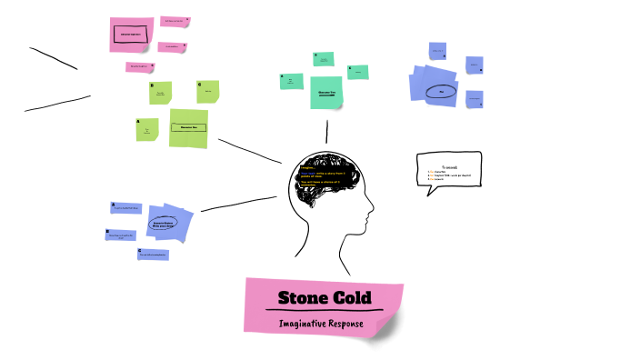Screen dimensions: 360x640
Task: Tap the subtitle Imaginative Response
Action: pyautogui.click(x=322, y=323)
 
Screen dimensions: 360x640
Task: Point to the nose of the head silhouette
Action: pyautogui.click(x=371, y=212)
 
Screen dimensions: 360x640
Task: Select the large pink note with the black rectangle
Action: pyautogui.click(x=130, y=34)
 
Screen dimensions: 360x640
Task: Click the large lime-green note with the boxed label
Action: pyautogui.click(x=189, y=128)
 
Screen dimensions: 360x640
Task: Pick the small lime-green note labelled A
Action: pyautogui.click(x=147, y=130)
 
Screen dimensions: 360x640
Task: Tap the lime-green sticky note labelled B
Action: pyautogui.click(x=161, y=93)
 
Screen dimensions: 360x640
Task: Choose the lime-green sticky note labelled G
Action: pyautogui.click(x=207, y=90)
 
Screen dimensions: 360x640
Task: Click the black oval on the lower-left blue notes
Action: pyautogui.click(x=160, y=223)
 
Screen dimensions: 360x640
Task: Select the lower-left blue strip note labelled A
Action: pyautogui.click(x=126, y=208)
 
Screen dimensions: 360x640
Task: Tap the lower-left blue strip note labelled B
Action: pyautogui.click(x=121, y=235)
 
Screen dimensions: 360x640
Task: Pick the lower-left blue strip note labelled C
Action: pyautogui.click(x=153, y=255)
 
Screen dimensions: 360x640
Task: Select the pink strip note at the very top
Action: pyautogui.click(x=173, y=20)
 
